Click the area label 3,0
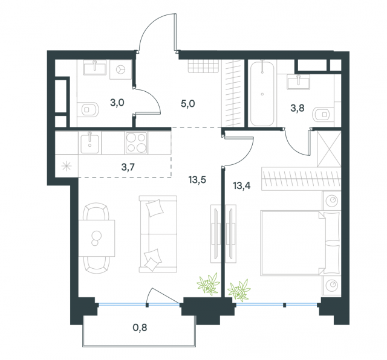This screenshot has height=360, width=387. pos(117,103)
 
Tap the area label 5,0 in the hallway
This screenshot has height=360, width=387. pos(187,103)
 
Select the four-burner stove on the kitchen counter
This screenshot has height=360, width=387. pos(137,143)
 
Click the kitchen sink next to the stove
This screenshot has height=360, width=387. pos(91,143)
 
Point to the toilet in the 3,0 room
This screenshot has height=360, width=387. pos(91,110)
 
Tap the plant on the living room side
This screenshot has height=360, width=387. pos(209,283)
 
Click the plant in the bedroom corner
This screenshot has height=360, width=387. pos(239,289)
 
